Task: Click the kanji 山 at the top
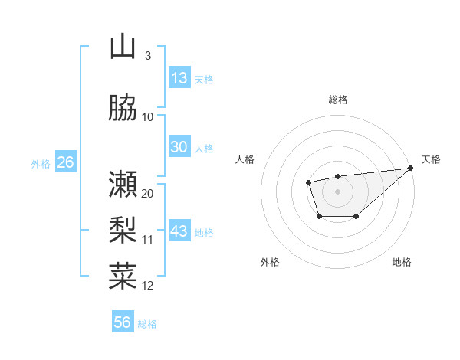[123, 47]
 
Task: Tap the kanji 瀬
[123, 184]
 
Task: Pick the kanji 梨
[123, 231]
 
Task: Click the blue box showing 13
[179, 78]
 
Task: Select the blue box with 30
[179, 147]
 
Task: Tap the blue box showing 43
[179, 231]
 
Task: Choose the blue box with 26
[65, 162]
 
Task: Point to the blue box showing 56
[123, 322]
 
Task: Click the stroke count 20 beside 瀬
[148, 193]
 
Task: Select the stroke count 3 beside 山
[148, 56]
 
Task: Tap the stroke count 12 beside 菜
[148, 286]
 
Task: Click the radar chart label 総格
[337, 100]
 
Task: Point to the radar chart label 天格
[431, 159]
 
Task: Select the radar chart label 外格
[270, 262]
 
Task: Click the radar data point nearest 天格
[412, 168]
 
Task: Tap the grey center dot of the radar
[337, 191]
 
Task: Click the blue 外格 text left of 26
[41, 163]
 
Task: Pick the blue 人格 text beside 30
[204, 148]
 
